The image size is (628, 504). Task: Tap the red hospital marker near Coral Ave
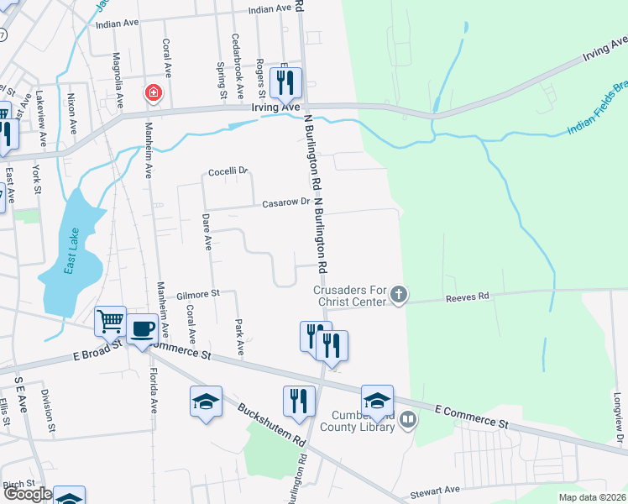pyautogui.click(x=153, y=92)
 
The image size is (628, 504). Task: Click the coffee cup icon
pyautogui.click(x=142, y=329)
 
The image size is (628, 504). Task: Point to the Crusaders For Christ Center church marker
pyautogui.click(x=399, y=295)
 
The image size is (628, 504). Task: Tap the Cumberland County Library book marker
pyautogui.click(x=407, y=418)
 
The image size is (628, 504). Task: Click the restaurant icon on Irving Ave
pyautogui.click(x=285, y=82)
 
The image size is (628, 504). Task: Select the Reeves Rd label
pyautogui.click(x=468, y=297)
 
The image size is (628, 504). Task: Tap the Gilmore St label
pyautogui.click(x=197, y=294)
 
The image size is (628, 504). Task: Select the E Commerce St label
pyautogui.click(x=473, y=412)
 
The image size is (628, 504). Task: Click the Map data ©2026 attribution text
pyautogui.click(x=592, y=497)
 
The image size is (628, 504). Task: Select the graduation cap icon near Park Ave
pyautogui.click(x=205, y=402)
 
